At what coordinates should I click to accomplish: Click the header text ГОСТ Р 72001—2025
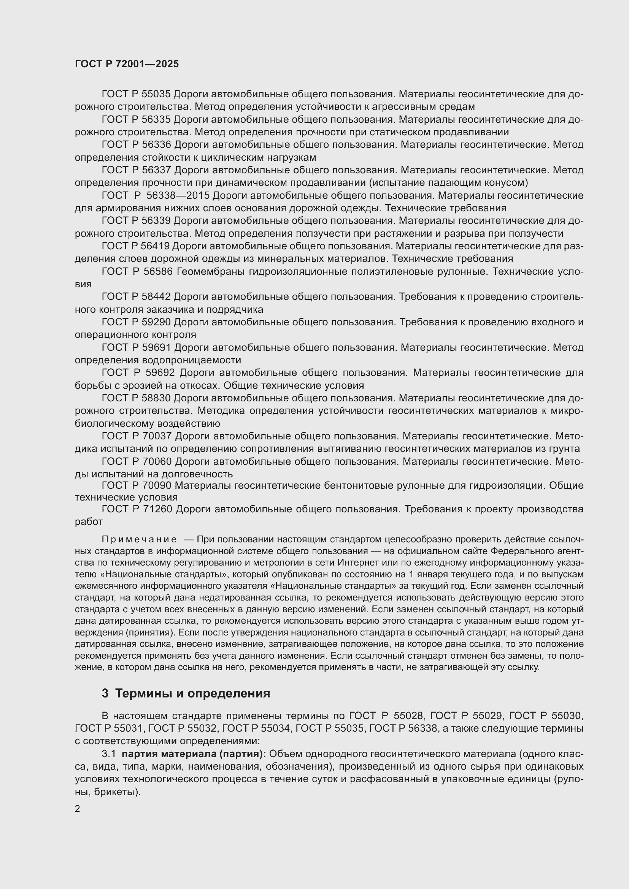point(127,64)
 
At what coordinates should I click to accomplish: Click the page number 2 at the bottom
point(78,808)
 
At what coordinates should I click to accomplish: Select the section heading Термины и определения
point(192,693)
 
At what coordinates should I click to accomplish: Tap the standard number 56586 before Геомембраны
point(158,271)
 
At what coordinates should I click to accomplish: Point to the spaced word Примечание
point(140,539)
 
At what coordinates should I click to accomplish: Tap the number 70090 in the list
point(158,485)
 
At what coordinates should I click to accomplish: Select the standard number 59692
point(160,372)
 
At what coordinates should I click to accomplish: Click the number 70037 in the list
point(158,436)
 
